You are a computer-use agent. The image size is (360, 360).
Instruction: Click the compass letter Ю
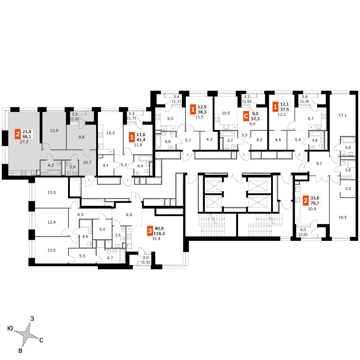pyautogui.click(x=10, y=328)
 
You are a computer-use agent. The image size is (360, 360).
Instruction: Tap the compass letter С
pyautogui.click(x=41, y=340)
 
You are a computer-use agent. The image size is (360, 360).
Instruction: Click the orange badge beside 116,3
pyautogui.click(x=150, y=231)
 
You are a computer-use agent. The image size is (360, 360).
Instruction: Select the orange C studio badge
pyautogui.click(x=246, y=116)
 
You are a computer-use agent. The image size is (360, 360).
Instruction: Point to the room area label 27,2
pyautogui.click(x=24, y=142)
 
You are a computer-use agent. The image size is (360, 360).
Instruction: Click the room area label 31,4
pyautogui.click(x=156, y=239)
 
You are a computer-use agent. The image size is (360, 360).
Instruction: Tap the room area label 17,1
pyautogui.click(x=343, y=115)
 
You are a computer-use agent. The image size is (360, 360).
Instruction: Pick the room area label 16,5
pyautogui.click(x=343, y=217)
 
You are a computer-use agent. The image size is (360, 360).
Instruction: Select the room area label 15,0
pyautogui.click(x=51, y=193)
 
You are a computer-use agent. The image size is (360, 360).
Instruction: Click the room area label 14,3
pyautogui.click(x=111, y=133)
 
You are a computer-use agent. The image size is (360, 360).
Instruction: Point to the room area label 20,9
pyautogui.click(x=312, y=209)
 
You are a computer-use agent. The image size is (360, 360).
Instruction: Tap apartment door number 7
pyautogui.click(x=304, y=167)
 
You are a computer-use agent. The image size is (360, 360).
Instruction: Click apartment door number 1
pyautogui.click(x=136, y=197)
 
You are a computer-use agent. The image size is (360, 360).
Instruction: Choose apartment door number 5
pyautogui.click(x=244, y=154)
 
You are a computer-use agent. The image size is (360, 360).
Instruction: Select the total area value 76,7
pyautogui.click(x=315, y=203)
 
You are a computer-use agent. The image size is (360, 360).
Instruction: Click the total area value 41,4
pyautogui.click(x=141, y=140)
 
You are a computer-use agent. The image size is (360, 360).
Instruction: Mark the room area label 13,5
pyautogui.click(x=51, y=250)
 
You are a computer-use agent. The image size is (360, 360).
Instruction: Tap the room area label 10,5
pyautogui.click(x=226, y=113)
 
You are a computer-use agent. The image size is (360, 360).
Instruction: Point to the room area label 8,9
pyautogui.click(x=129, y=215)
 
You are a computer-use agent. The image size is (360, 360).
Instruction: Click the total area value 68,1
pyautogui.click(x=27, y=136)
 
